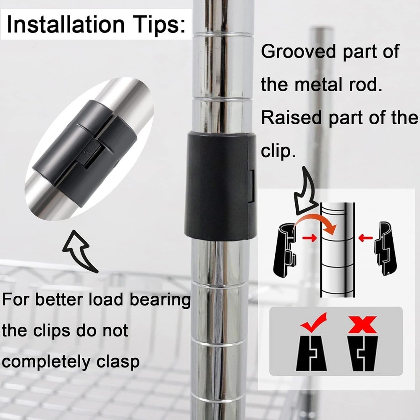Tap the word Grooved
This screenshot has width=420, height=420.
point(298,51)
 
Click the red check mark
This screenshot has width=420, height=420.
point(313,322)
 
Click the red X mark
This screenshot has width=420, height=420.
point(362,324)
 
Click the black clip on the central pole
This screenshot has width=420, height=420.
point(220,185)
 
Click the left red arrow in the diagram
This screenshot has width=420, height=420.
point(310,237)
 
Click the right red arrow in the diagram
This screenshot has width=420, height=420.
point(366,237)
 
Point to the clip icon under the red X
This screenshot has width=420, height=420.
point(362,353)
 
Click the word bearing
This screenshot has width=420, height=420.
point(160,300)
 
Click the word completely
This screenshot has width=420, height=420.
point(46,362)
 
